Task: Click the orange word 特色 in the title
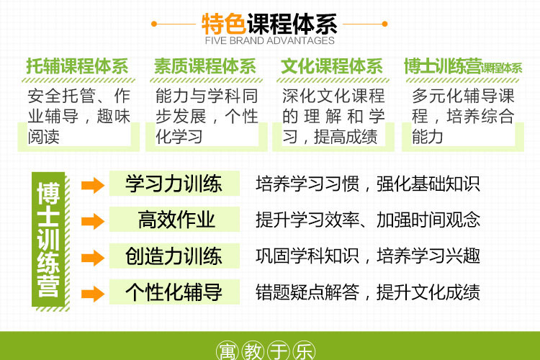click(x=224, y=24)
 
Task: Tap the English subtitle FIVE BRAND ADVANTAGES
click(x=270, y=40)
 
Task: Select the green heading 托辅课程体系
click(x=78, y=66)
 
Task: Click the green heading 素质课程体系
click(x=205, y=66)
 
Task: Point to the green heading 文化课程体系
click(x=332, y=66)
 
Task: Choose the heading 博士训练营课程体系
click(x=463, y=66)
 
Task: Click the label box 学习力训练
click(x=174, y=184)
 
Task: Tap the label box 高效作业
click(x=174, y=220)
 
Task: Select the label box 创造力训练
click(x=174, y=256)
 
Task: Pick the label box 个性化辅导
click(x=174, y=292)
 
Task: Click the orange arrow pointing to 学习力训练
click(x=93, y=185)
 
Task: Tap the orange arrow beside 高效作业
click(x=93, y=221)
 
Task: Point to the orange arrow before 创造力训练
click(x=93, y=258)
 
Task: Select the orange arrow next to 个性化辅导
click(x=93, y=294)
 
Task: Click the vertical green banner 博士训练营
click(x=48, y=240)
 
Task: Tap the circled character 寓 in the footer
click(x=228, y=351)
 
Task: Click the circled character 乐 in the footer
click(x=304, y=351)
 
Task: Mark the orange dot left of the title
click(x=154, y=24)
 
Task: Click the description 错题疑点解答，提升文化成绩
click(x=368, y=292)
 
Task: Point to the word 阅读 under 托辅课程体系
click(x=44, y=137)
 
